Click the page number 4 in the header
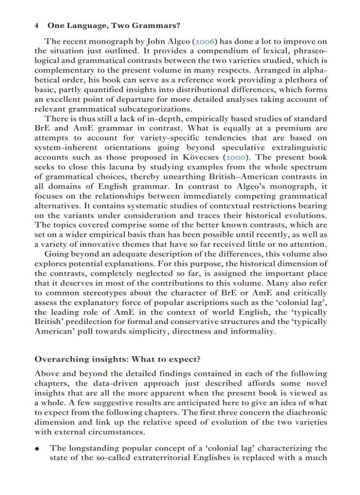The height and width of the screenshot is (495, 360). [x=36, y=26]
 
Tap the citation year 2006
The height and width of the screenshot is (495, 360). [x=205, y=42]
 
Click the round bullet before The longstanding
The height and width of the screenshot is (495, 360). [x=38, y=449]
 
